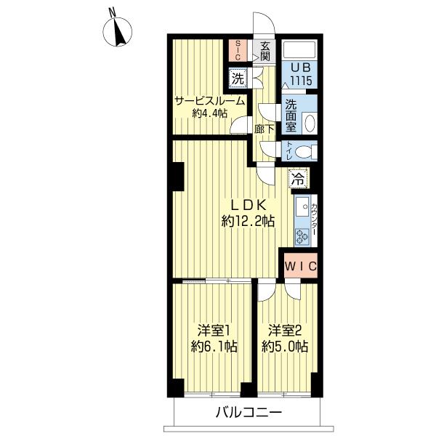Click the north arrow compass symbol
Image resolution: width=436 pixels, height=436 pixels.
(118, 31)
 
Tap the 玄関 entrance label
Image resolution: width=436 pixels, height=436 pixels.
(265, 52)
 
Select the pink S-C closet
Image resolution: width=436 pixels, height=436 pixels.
(238, 51)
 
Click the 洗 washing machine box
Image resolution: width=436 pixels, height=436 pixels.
(238, 78)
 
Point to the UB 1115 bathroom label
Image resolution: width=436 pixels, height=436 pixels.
(301, 75)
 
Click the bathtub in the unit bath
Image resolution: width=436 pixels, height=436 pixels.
(299, 49)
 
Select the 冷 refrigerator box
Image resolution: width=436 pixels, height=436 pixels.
(299, 179)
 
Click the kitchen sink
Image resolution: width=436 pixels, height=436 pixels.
(302, 207)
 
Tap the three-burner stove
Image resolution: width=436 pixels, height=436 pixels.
(302, 236)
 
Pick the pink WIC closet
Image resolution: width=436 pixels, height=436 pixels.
(301, 265)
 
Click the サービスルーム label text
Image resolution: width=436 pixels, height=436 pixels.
(210, 101)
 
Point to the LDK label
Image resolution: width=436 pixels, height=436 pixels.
(249, 206)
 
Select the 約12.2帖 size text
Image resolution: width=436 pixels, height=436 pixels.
(248, 222)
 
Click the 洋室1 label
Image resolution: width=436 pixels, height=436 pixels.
(214, 331)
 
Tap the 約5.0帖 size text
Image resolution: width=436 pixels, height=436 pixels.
(285, 347)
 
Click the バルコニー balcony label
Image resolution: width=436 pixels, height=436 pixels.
(249, 413)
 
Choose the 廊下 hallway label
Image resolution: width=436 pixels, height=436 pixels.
(265, 129)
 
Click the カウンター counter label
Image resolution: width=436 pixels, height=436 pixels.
(314, 219)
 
